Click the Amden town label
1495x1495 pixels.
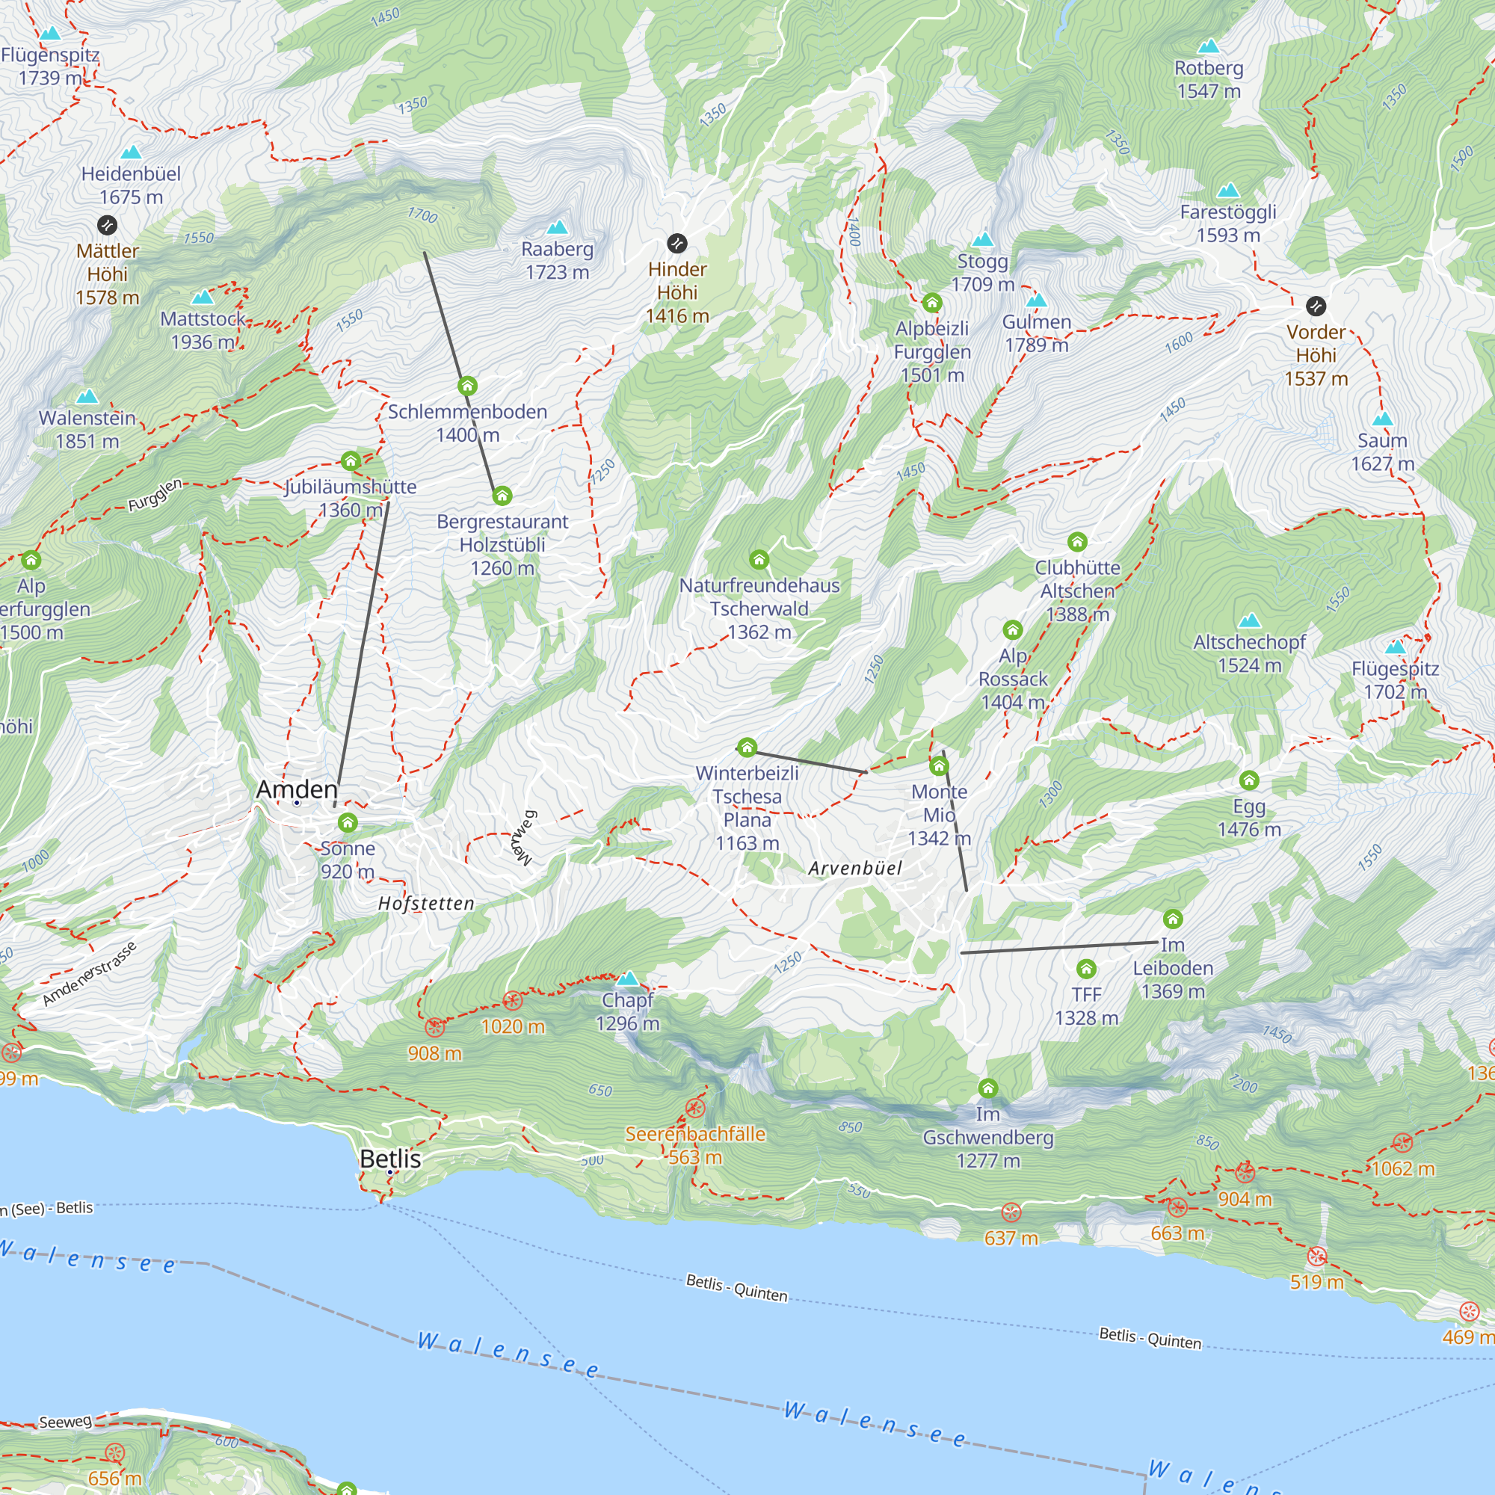click(x=298, y=789)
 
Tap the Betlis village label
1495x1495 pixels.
click(x=390, y=1159)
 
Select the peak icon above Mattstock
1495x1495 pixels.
click(x=203, y=298)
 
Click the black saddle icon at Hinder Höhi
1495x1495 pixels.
click(x=677, y=244)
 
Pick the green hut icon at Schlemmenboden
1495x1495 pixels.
click(x=467, y=386)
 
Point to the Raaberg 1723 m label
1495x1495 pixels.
click(x=557, y=260)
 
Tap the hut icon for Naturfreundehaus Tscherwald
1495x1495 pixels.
click(x=759, y=559)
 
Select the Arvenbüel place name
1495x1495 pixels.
click(x=855, y=868)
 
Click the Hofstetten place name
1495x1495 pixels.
click(x=426, y=903)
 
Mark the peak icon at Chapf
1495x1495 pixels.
click(x=629, y=979)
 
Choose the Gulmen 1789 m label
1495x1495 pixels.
click(x=1036, y=333)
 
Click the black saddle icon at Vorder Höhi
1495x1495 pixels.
click(x=1316, y=306)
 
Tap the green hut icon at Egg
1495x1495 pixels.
click(x=1249, y=780)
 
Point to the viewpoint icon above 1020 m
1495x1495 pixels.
click(x=512, y=1001)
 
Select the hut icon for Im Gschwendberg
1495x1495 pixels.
click(x=987, y=1089)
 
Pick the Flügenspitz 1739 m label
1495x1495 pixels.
click(x=50, y=66)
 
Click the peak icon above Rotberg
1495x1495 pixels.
click(x=1208, y=46)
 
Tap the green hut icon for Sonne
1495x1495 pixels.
click(x=348, y=822)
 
